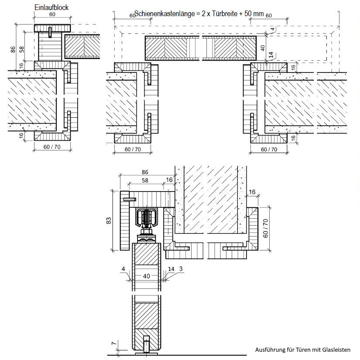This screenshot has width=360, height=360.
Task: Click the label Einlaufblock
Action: (x=51, y=7)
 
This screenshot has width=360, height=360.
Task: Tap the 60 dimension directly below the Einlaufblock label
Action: (x=52, y=14)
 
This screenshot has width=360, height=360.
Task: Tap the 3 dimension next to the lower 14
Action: (x=181, y=269)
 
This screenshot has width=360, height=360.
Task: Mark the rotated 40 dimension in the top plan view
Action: (x=263, y=48)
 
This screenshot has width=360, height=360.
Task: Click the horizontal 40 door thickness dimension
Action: (x=146, y=276)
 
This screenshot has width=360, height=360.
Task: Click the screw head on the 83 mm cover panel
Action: (x=128, y=199)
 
